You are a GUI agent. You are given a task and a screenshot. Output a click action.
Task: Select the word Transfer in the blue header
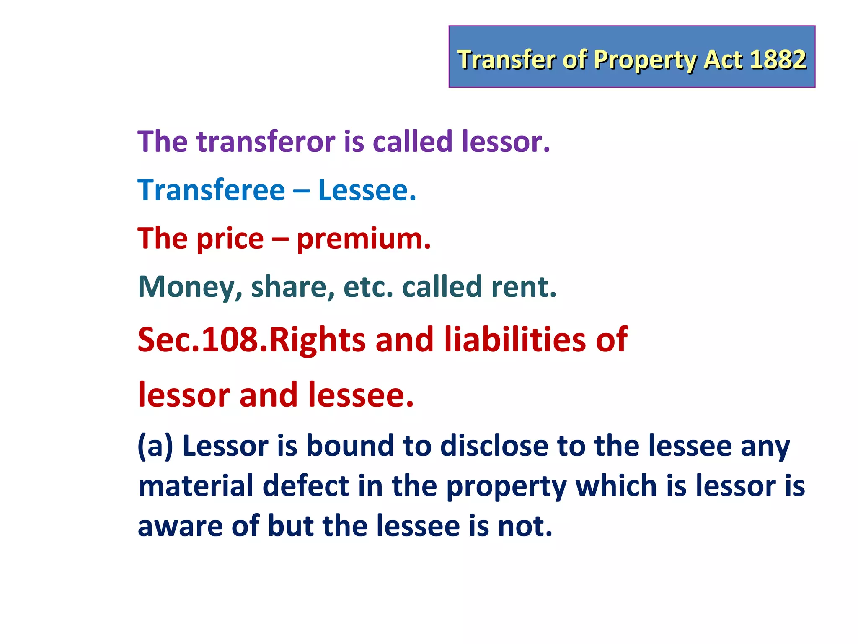click(x=507, y=59)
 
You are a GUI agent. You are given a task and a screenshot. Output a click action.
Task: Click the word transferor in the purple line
click(x=266, y=141)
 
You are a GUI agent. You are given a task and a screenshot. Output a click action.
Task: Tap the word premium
click(x=364, y=239)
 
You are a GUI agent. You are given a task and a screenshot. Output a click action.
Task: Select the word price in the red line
click(x=230, y=239)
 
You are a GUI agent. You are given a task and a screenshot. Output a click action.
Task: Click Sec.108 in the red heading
click(x=202, y=339)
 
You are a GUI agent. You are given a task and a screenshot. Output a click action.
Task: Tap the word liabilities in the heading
click(x=514, y=339)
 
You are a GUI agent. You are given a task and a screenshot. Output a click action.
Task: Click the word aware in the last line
click(x=180, y=526)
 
